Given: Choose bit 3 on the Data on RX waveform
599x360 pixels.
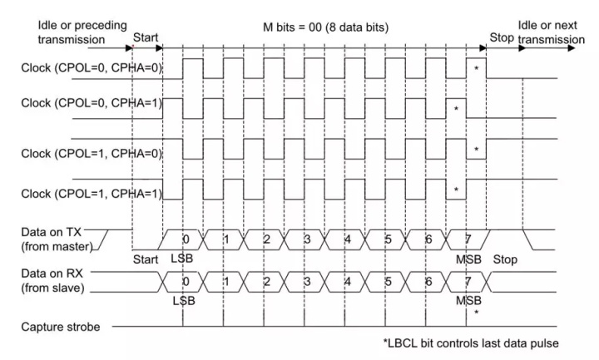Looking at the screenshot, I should (x=305, y=281).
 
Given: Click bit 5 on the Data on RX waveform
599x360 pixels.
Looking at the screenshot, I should (x=386, y=281).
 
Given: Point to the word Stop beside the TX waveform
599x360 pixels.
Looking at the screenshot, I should (x=504, y=259).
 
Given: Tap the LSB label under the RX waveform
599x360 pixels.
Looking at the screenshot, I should (x=184, y=300).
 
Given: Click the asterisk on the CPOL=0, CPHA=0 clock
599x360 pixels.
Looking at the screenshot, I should (x=475, y=67).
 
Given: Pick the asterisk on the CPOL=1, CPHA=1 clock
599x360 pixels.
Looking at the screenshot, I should (x=456, y=190).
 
